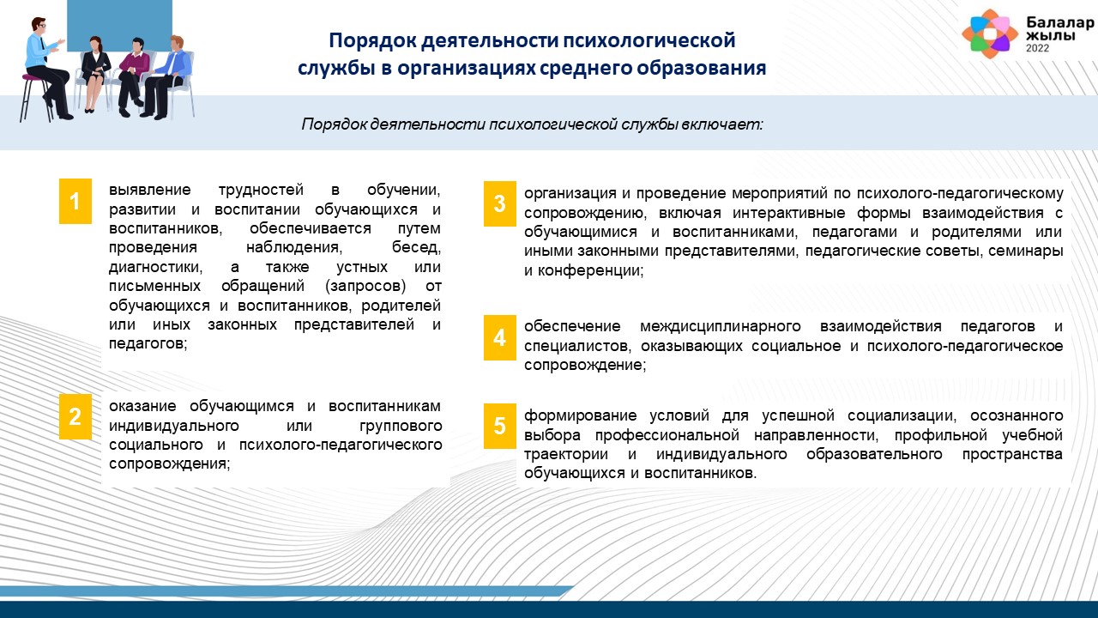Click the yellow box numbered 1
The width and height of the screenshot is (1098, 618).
(75, 201)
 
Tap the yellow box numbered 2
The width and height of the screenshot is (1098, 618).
(75, 416)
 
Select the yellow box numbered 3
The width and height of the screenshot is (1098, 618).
(499, 203)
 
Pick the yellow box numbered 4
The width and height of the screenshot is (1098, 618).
(499, 337)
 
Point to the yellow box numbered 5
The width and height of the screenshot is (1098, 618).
(499, 426)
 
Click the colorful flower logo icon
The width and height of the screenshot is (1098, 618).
(990, 33)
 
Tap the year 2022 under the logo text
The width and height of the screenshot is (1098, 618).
(1037, 48)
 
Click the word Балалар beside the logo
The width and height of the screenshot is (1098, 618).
(1059, 22)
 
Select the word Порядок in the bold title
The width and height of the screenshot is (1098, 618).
(372, 40)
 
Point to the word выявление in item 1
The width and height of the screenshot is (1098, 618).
(149, 190)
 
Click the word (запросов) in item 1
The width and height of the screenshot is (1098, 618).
(365, 286)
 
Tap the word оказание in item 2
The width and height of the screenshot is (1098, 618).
(142, 406)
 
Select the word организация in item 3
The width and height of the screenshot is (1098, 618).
(570, 194)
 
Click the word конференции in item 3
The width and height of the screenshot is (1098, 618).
(590, 270)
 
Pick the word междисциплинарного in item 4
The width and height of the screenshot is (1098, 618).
(720, 327)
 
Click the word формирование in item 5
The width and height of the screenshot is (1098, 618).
(581, 416)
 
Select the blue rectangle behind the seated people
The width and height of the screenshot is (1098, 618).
(119, 26)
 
